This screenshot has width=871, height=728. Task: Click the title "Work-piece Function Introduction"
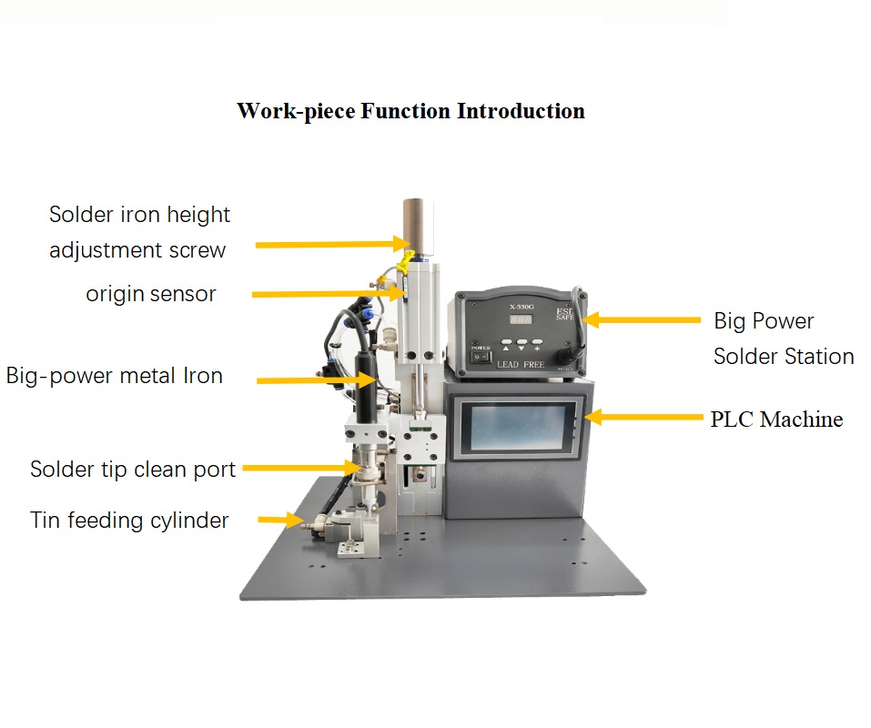click(x=410, y=111)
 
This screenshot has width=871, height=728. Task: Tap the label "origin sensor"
click(x=151, y=294)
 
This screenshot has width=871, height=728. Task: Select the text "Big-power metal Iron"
click(x=115, y=375)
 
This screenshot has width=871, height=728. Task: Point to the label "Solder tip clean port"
click(x=133, y=470)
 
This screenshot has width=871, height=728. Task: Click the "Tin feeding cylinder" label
click(x=129, y=521)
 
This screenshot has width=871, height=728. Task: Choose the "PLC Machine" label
click(x=775, y=420)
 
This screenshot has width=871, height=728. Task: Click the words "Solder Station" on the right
click(x=783, y=356)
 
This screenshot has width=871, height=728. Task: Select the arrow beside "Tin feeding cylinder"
click(x=279, y=520)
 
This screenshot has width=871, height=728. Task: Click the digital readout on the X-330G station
click(x=522, y=320)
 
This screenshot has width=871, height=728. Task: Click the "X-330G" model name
click(x=524, y=307)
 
